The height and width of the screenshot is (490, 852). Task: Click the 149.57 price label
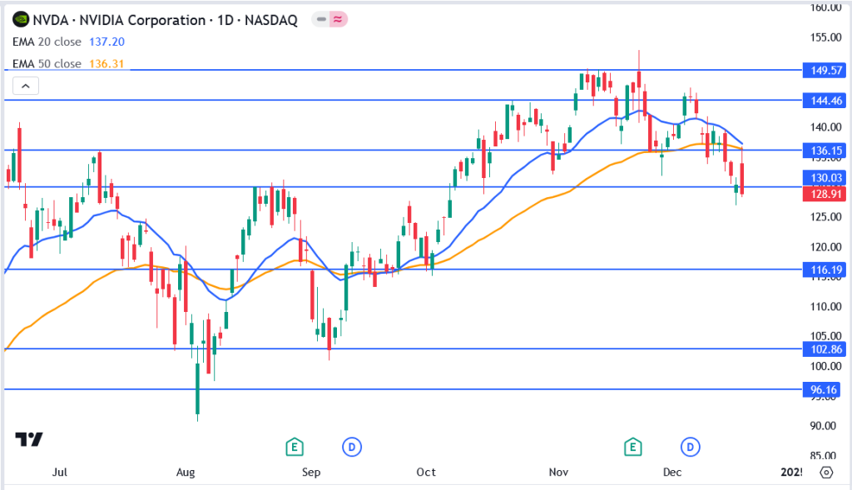tap(824, 71)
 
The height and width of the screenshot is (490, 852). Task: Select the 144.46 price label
tap(824, 101)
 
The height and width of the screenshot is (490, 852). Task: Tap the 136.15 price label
tap(824, 151)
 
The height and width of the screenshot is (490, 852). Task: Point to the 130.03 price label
tap(824, 178)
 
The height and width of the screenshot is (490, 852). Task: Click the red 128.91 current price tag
tap(824, 194)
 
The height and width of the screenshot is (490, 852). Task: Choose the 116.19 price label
tap(824, 270)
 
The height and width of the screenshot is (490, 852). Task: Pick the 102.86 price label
tap(824, 349)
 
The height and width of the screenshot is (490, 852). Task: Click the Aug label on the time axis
tap(186, 473)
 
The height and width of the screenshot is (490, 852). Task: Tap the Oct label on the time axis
tap(426, 473)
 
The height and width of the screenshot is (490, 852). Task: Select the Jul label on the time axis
tap(59, 473)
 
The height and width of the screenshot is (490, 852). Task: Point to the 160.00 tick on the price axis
tap(824, 7)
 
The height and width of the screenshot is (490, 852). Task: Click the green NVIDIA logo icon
tap(20, 19)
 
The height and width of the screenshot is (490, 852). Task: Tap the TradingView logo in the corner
tap(29, 440)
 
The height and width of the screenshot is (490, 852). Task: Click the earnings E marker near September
tap(293, 447)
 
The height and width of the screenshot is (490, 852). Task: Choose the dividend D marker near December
tap(690, 447)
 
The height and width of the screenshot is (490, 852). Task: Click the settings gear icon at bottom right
tap(826, 473)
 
